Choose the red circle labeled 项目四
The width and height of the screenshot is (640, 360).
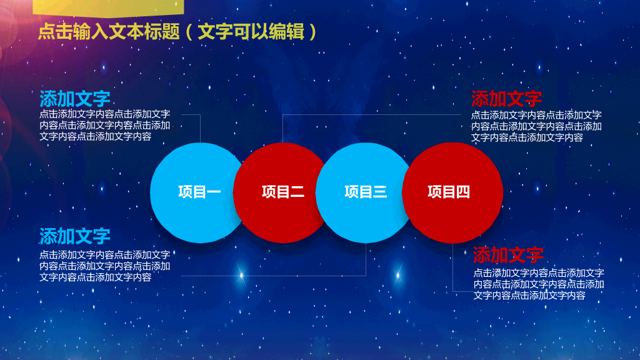click(452, 193)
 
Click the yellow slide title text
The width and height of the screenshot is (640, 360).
click(177, 31)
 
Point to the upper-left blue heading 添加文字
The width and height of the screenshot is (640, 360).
click(75, 99)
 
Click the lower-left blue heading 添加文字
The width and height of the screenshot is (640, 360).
click(75, 236)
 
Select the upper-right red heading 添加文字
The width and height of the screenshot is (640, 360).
click(506, 99)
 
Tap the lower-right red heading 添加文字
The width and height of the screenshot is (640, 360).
click(508, 255)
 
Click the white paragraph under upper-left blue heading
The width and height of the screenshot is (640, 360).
click(105, 125)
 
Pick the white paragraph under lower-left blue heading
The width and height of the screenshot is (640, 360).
click(105, 266)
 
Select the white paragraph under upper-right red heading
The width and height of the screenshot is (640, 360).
click(536, 126)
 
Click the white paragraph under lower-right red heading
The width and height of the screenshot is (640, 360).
click(539, 284)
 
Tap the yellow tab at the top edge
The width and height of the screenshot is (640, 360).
click(108, 8)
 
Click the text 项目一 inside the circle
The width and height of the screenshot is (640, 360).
click(199, 192)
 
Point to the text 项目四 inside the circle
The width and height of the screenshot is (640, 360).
click(449, 192)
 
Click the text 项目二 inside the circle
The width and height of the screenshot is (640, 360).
click(283, 192)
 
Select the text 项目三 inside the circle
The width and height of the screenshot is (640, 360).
click(366, 192)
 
